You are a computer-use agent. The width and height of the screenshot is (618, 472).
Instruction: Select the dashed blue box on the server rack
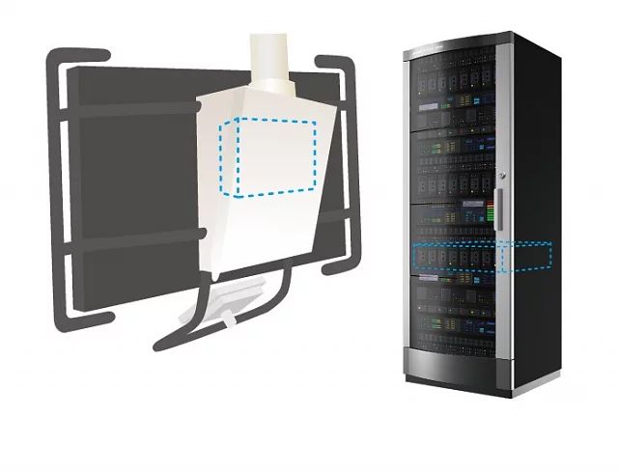coord(481,258)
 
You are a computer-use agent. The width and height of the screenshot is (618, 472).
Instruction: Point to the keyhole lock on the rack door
coord(501,174)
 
